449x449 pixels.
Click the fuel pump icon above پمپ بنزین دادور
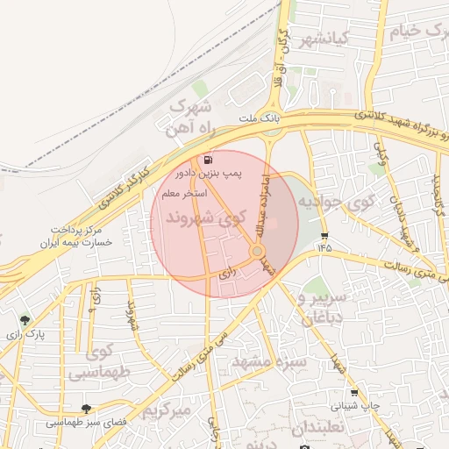(x=207, y=160)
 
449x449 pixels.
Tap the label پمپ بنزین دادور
(x=208, y=175)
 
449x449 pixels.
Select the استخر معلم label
(x=183, y=192)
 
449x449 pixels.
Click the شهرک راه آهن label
(x=191, y=118)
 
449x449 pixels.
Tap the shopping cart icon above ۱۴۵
(x=325, y=235)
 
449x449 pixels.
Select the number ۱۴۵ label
(x=325, y=249)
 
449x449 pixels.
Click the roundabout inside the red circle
(x=258, y=252)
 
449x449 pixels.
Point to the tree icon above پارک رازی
(x=25, y=320)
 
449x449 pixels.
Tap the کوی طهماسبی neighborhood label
(x=95, y=363)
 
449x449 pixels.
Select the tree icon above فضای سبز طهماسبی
(x=86, y=408)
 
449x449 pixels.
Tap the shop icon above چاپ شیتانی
(x=354, y=393)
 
